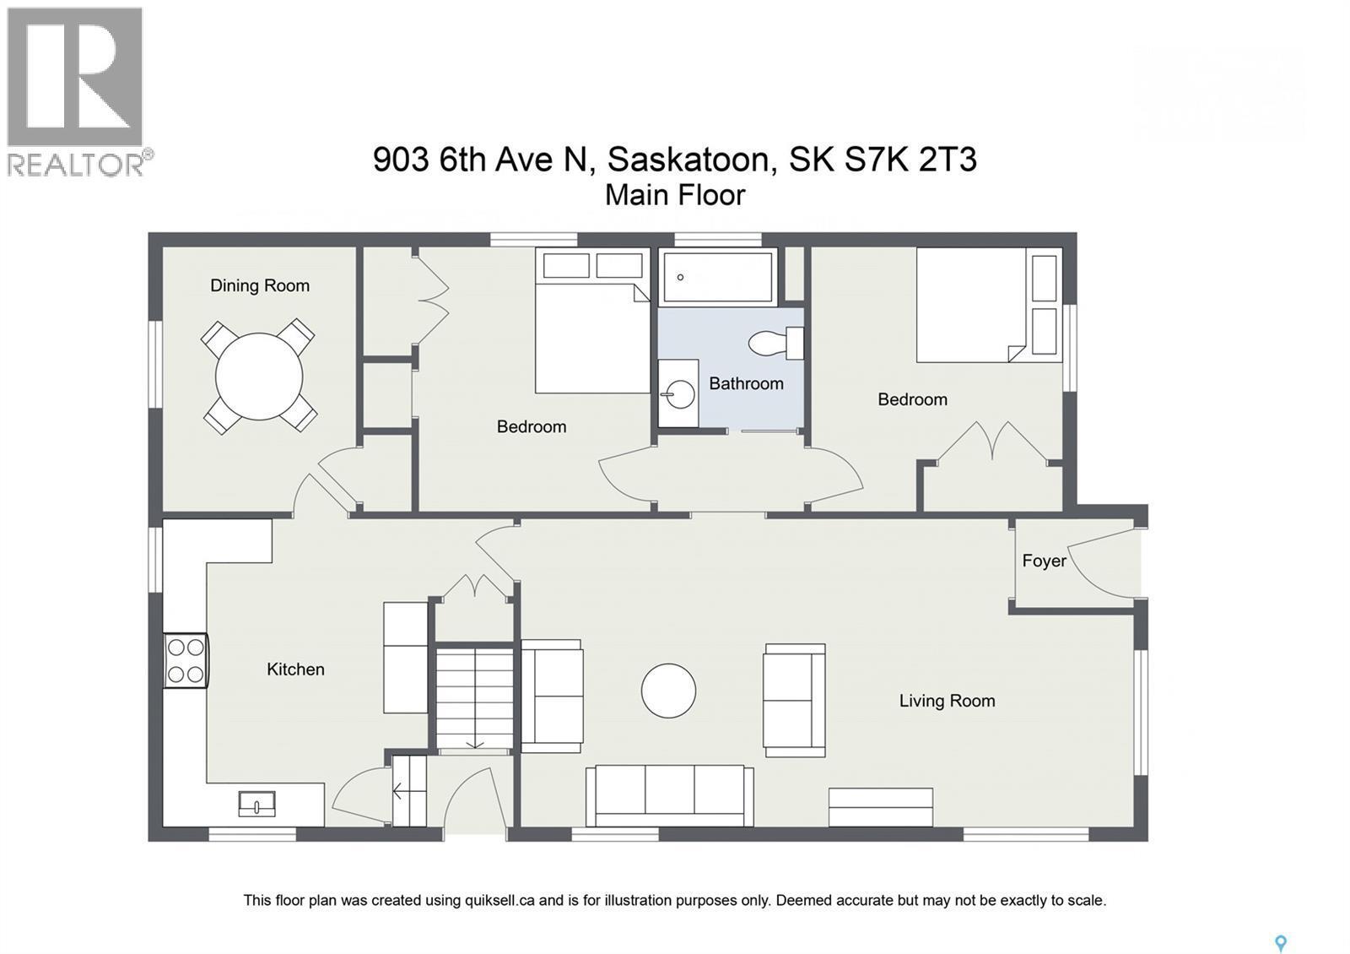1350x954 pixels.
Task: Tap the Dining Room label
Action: coord(259,285)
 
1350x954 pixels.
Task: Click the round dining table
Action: coord(259,377)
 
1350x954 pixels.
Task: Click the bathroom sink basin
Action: coord(679,393)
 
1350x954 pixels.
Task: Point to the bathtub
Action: coord(718,276)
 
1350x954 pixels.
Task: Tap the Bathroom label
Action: coord(746,383)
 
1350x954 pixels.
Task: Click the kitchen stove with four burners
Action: coord(186,660)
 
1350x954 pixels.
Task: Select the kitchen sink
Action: coord(256,804)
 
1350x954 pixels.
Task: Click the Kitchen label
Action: coord(295,669)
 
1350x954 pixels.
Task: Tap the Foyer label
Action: coord(1044,561)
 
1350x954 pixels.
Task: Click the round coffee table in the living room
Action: coord(668,691)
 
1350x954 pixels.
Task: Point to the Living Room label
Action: coord(947,701)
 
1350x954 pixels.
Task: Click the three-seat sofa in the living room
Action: coord(670,795)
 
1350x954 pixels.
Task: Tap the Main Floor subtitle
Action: coord(675,195)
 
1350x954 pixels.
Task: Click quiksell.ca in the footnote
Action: coord(499,900)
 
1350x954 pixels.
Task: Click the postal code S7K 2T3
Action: coord(912,159)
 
